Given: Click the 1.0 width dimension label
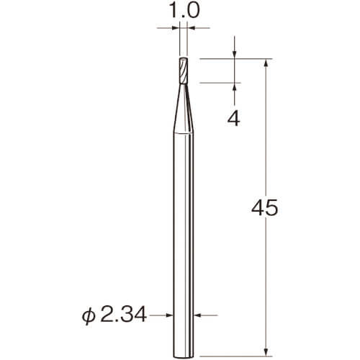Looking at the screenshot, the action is click(x=184, y=11).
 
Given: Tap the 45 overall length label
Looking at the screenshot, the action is click(x=264, y=208).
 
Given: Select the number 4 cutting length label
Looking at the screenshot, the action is click(x=233, y=119).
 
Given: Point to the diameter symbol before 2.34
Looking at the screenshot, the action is click(x=89, y=315).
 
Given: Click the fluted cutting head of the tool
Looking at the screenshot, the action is click(x=184, y=71).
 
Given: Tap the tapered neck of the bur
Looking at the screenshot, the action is click(x=184, y=108).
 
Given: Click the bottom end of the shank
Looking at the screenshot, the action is click(x=184, y=356).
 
